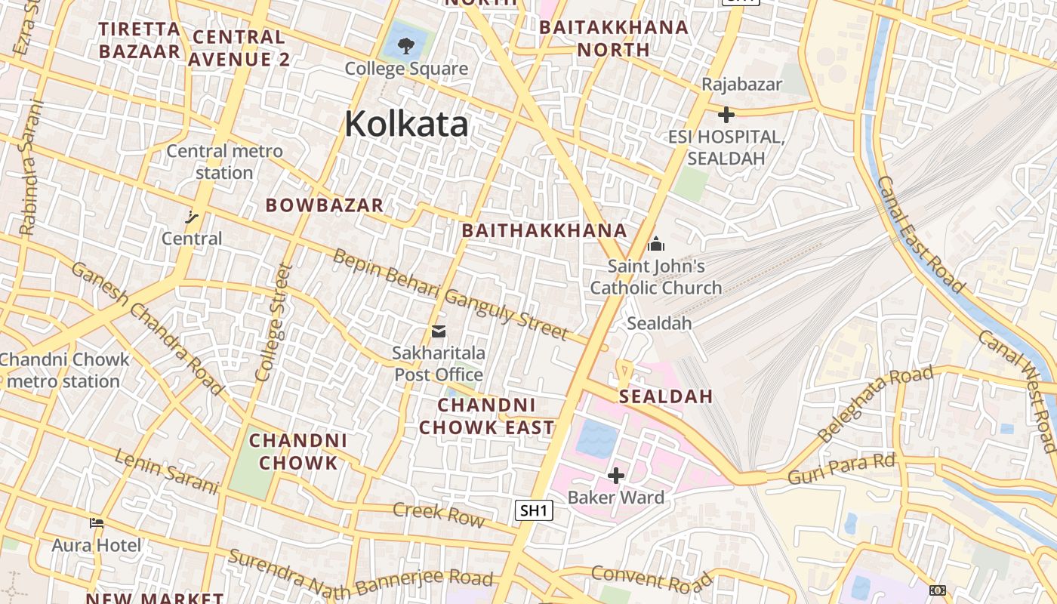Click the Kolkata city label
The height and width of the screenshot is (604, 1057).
pos(406,124)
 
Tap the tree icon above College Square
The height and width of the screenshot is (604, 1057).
pos(405,45)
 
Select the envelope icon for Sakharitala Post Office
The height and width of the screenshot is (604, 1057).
pos(438,331)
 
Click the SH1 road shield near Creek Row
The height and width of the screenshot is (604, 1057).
pos(534,510)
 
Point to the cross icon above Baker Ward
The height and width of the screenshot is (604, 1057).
pos(616,476)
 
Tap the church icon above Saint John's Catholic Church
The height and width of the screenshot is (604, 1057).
pos(656,244)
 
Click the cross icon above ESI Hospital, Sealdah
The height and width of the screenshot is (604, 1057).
pos(726,115)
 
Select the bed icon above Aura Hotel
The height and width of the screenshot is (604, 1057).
pos(96,522)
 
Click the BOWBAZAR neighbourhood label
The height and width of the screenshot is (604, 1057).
pos(325,205)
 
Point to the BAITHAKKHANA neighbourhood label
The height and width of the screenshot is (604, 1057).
pos(544,230)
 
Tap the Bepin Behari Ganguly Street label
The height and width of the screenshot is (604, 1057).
pos(450,294)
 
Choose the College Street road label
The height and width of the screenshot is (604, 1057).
pos(273,322)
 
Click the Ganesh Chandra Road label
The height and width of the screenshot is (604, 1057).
pos(148,328)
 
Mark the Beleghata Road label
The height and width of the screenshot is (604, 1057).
pos(876,404)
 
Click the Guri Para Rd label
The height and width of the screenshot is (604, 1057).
pos(841,469)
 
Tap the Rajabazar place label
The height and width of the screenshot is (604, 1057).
pos(741,84)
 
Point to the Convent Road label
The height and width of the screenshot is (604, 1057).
pos(651,578)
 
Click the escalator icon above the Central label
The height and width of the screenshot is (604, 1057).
pos(192,217)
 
